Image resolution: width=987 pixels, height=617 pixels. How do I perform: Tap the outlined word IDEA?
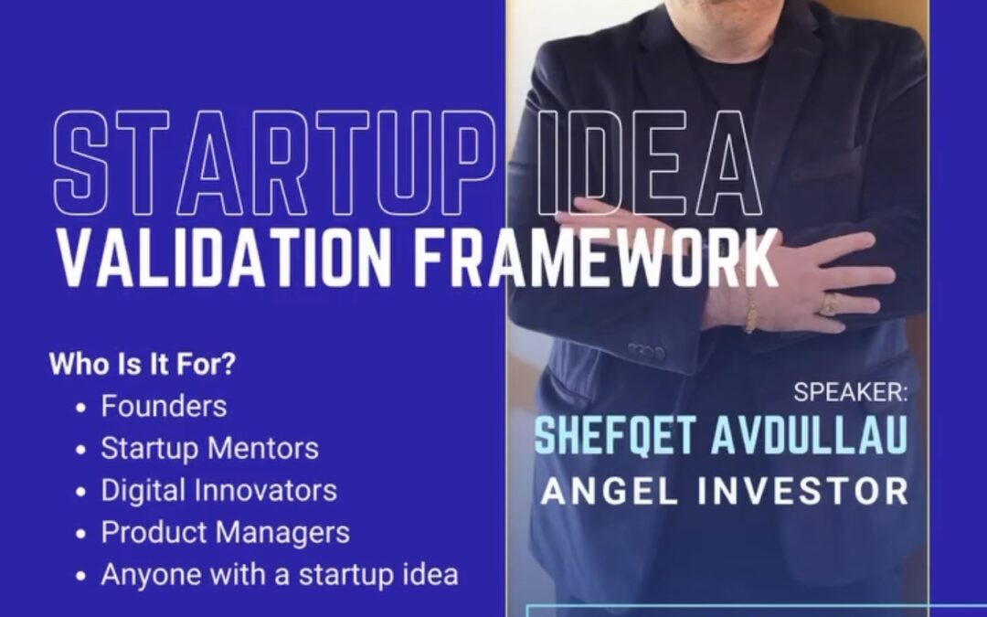[x=651, y=164]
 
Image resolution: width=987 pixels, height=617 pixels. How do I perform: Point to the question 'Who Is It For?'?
[x=143, y=364]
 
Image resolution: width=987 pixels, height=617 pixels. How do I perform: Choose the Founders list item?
[x=164, y=406]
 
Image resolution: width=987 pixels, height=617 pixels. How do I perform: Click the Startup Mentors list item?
[x=209, y=448]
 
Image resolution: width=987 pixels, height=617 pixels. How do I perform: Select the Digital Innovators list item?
[x=219, y=491]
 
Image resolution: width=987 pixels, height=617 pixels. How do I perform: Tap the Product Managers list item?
[x=226, y=533]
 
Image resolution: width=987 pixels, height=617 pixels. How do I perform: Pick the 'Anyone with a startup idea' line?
[x=280, y=574]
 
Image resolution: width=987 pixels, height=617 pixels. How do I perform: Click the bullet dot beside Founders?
[x=80, y=408]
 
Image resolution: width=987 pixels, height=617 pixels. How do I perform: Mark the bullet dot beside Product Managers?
[x=80, y=535]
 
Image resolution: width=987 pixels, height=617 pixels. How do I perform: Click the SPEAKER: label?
[x=851, y=392]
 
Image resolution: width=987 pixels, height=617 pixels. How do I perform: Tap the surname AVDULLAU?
[x=810, y=435]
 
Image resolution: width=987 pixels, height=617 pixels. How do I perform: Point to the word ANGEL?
[x=609, y=491]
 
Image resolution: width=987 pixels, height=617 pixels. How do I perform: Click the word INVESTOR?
[x=803, y=491]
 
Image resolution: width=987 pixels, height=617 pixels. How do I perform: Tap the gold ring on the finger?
[x=829, y=304]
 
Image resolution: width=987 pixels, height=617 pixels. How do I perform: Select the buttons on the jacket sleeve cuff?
[x=646, y=351]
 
